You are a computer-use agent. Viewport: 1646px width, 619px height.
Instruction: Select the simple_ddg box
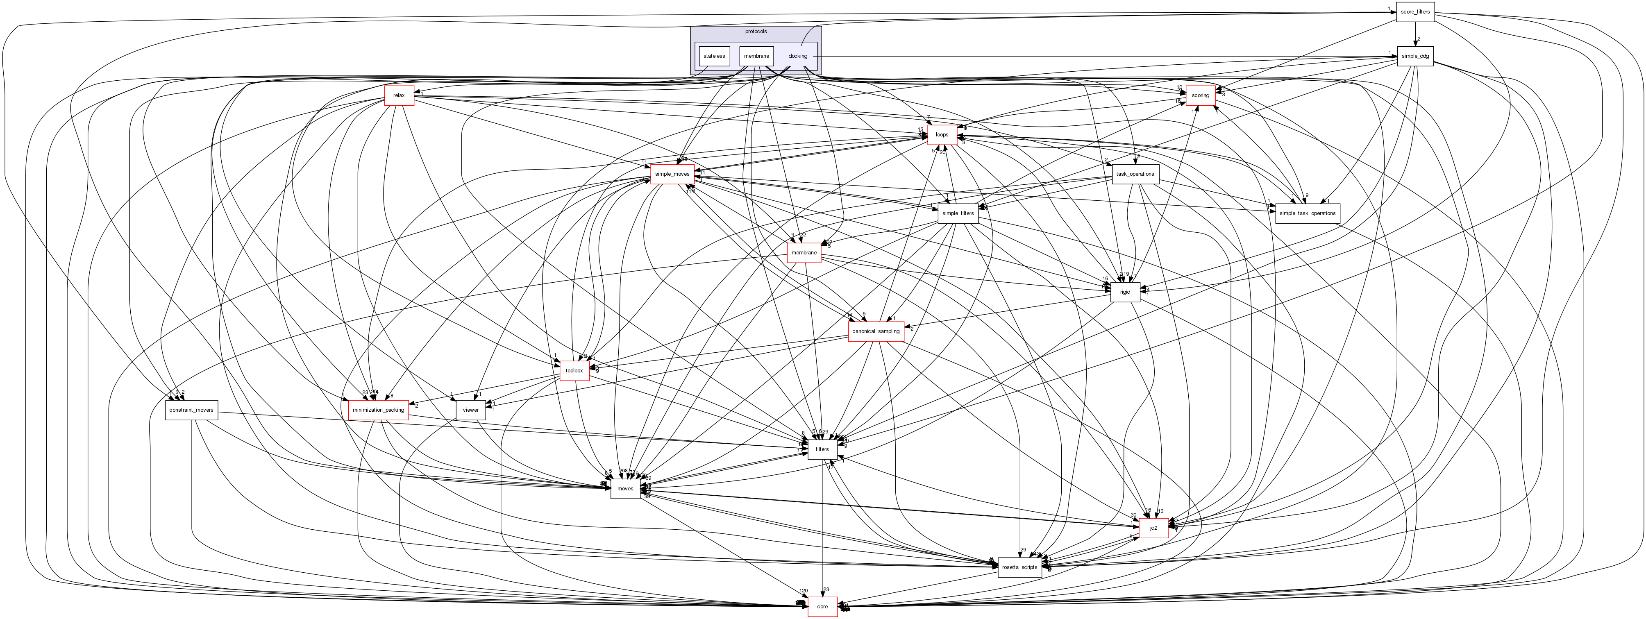pyautogui.click(x=1414, y=56)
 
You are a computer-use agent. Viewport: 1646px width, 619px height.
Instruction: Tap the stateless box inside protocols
pyautogui.click(x=714, y=56)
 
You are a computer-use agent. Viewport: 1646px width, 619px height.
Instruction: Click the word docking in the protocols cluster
pyautogui.click(x=797, y=56)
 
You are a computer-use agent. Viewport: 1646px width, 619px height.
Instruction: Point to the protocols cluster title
pyautogui.click(x=756, y=31)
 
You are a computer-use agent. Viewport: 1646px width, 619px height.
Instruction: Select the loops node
pyautogui.click(x=942, y=135)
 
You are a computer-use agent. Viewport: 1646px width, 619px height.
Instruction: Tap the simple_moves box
pyautogui.click(x=672, y=174)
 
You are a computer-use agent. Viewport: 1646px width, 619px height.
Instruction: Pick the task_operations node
pyautogui.click(x=1135, y=174)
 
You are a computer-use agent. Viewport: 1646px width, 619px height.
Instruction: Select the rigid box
pyautogui.click(x=1125, y=292)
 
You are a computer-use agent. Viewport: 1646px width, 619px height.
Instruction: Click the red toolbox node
pyautogui.click(x=574, y=370)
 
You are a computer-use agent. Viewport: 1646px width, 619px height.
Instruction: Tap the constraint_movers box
pyautogui.click(x=191, y=410)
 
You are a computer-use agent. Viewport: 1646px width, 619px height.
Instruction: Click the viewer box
pyautogui.click(x=470, y=410)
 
